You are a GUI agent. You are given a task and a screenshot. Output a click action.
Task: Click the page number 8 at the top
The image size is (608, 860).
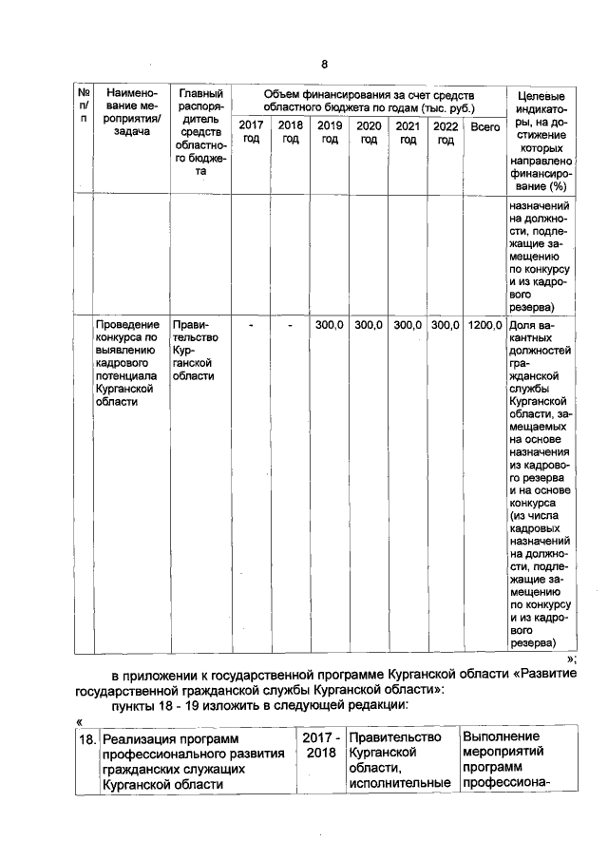pyautogui.click(x=323, y=65)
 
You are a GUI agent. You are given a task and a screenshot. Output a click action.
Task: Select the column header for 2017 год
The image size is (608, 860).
pyautogui.click(x=251, y=133)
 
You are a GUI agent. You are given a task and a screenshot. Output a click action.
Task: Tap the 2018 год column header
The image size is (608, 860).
pyautogui.click(x=290, y=133)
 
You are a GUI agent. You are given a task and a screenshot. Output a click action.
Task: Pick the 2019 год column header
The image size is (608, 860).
pyautogui.click(x=329, y=133)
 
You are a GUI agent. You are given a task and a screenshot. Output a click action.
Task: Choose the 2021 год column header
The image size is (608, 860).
pyautogui.click(x=408, y=133)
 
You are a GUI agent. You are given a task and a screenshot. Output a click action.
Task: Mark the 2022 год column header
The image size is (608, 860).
pyautogui.click(x=445, y=133)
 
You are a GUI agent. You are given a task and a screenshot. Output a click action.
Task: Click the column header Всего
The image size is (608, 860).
pyautogui.click(x=485, y=126)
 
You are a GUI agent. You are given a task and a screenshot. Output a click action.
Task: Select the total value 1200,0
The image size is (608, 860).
pyautogui.click(x=485, y=325)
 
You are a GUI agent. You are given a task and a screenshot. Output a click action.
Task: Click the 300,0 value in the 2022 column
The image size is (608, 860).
pyautogui.click(x=445, y=325)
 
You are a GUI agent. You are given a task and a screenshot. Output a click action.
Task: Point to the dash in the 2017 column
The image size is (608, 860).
pyautogui.click(x=251, y=325)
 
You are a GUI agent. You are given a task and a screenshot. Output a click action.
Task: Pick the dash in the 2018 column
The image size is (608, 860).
pyautogui.click(x=290, y=325)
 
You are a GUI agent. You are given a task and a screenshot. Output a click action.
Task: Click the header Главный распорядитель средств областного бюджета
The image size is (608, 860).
pyautogui.click(x=200, y=133)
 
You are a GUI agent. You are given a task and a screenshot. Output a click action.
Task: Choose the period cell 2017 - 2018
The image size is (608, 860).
pyautogui.click(x=321, y=745)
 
